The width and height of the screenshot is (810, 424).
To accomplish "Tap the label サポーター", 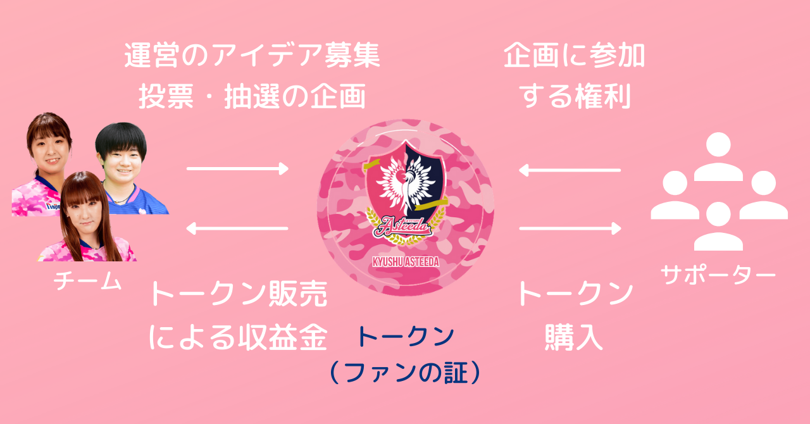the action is (x=718, y=274).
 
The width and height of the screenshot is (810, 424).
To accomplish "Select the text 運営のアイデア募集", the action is (x=252, y=56).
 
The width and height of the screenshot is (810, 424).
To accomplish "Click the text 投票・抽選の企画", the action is (x=252, y=96).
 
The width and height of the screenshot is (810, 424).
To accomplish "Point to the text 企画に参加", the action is (x=575, y=56).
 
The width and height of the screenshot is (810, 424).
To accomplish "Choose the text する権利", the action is (x=575, y=96).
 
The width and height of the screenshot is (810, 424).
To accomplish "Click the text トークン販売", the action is (x=237, y=295).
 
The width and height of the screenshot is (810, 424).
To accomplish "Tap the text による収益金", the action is (x=237, y=338).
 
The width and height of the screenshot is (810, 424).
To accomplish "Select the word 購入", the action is (x=575, y=338).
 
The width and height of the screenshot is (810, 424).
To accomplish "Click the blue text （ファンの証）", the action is (x=405, y=373).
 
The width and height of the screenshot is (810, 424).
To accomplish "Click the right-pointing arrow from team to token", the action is (x=237, y=168).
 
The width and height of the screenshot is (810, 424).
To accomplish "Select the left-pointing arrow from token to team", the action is (x=237, y=228).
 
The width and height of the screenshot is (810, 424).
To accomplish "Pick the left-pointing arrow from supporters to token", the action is (x=570, y=170).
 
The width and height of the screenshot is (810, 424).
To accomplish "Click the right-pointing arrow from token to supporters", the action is (x=570, y=228).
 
